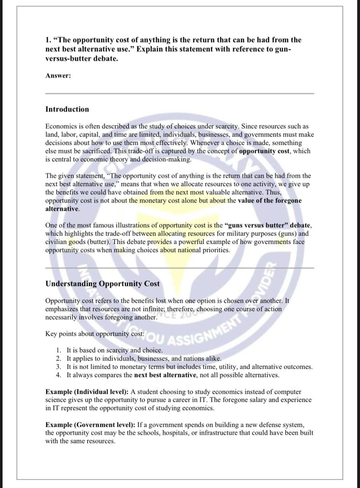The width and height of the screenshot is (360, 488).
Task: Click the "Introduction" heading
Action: (67, 109)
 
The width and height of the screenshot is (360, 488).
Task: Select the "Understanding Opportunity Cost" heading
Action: (102, 284)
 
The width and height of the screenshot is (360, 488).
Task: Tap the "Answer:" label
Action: (58, 75)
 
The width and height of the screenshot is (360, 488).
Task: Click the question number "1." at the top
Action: (48, 40)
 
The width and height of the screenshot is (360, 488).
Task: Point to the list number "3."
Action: (58, 367)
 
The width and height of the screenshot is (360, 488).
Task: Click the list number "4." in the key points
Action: (58, 375)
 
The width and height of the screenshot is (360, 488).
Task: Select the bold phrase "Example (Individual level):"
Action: (87, 392)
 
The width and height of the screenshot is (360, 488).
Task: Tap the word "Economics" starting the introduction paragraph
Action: (61, 126)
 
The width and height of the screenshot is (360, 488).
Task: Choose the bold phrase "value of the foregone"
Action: (269, 201)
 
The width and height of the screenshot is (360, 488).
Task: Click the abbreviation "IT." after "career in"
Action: (203, 400)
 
